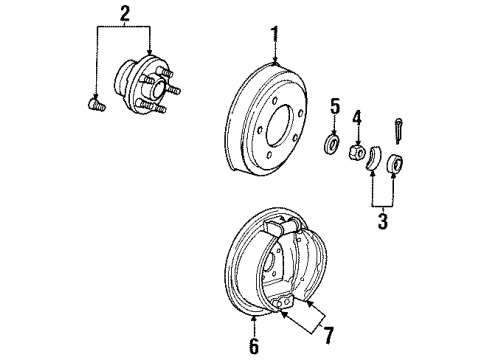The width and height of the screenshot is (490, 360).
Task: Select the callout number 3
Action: click(x=380, y=219)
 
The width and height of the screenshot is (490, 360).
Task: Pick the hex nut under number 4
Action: click(x=354, y=153)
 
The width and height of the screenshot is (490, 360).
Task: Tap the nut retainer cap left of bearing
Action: click(x=374, y=158)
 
